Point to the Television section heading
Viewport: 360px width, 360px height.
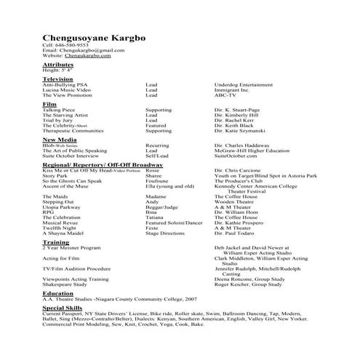click(58, 79)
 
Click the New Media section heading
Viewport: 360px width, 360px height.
click(60, 139)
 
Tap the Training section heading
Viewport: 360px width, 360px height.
click(56, 242)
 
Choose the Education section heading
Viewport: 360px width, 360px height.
click(58, 293)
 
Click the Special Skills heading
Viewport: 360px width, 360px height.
click(64, 308)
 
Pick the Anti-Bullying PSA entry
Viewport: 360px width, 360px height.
click(65, 84)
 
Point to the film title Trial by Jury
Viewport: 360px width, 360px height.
click(58, 119)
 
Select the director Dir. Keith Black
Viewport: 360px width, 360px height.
click(236, 125)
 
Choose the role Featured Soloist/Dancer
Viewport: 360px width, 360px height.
click(174, 223)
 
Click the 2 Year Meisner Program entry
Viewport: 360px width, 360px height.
click(71, 247)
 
